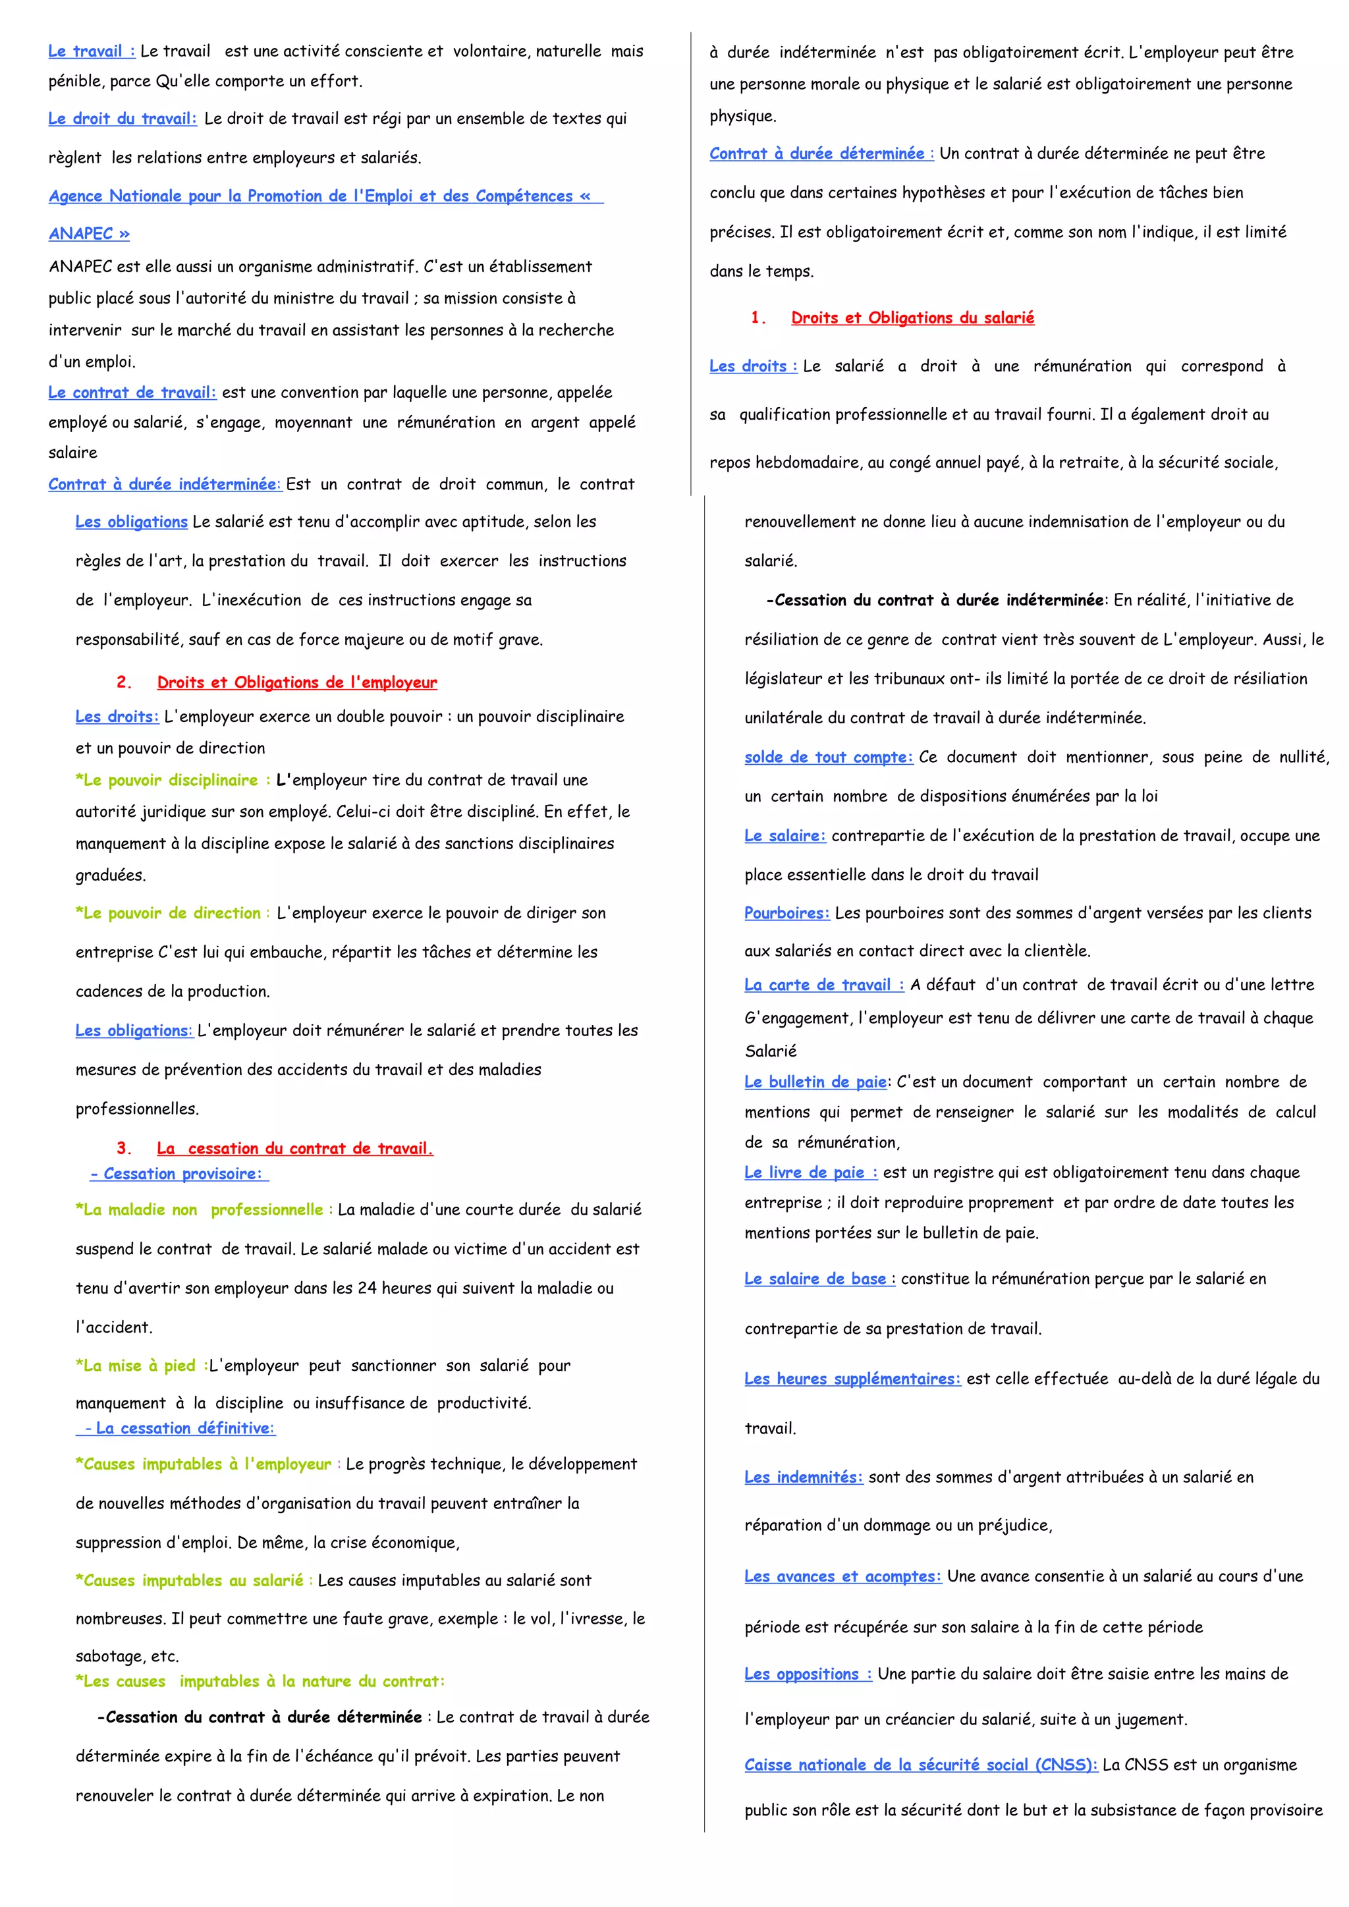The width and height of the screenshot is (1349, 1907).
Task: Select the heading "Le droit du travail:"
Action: (122, 119)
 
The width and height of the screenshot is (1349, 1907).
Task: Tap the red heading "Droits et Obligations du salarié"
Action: (912, 318)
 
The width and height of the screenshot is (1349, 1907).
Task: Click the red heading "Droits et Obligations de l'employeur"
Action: (296, 682)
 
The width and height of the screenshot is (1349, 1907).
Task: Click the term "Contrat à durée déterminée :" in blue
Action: (821, 153)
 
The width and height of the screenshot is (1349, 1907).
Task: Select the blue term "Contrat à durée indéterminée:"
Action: (165, 484)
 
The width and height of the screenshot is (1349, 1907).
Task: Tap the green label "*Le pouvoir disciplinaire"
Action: (171, 780)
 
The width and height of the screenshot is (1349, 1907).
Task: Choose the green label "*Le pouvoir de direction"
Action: (171, 913)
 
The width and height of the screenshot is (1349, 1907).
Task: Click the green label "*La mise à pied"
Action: (140, 1366)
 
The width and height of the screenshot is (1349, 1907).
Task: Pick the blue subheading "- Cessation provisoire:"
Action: (178, 1174)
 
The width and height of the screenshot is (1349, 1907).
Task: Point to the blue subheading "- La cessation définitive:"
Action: (178, 1427)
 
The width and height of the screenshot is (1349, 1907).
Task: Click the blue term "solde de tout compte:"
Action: (828, 757)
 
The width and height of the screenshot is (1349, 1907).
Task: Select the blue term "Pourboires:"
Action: (786, 913)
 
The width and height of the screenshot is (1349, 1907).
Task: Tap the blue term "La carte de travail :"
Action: (823, 985)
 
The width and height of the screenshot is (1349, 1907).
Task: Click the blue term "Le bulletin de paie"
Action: (815, 1082)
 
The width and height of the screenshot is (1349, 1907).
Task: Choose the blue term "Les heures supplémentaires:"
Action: (852, 1379)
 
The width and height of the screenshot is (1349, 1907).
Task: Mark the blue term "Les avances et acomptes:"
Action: (842, 1576)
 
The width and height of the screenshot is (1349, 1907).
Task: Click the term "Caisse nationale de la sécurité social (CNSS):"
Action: (920, 1765)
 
